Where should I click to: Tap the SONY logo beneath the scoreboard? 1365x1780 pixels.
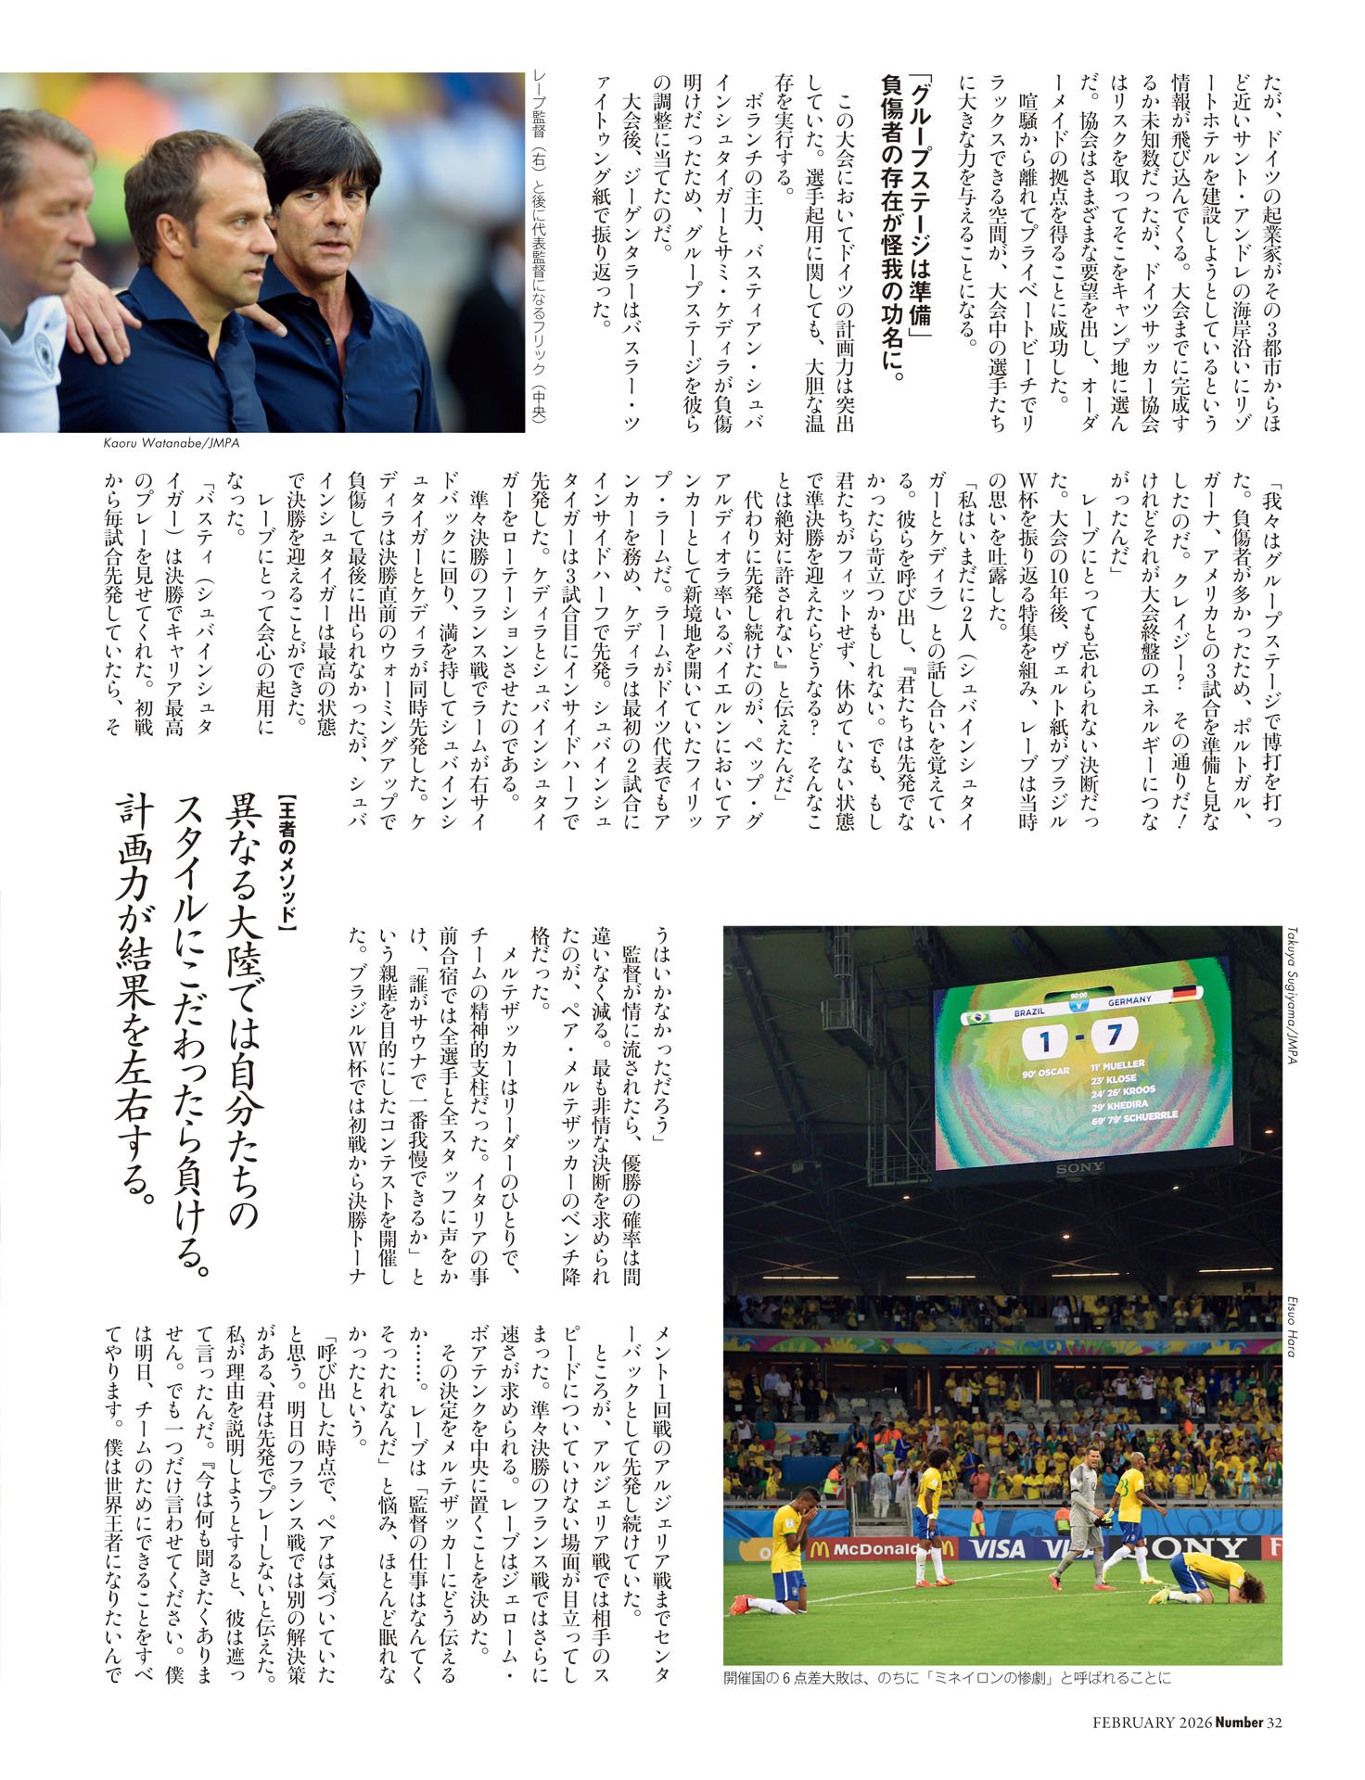coord(1081,1168)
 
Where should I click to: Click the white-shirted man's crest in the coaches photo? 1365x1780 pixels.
coord(44,350)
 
